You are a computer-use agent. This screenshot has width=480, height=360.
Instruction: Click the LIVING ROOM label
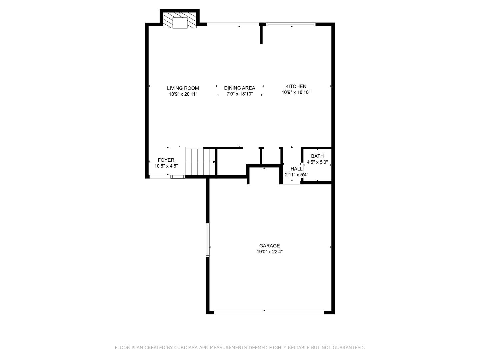pos(183,88)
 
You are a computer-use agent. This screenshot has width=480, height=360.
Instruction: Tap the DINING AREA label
pos(239,88)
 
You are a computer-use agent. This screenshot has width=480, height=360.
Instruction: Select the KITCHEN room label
pos(296,86)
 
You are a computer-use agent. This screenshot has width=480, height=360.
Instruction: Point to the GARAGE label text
pos(269,246)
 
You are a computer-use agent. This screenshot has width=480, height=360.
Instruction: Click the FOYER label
pos(166,160)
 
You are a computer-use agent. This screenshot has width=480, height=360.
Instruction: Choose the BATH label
pos(317,156)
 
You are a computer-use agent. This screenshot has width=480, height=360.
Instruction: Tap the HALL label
pos(296,169)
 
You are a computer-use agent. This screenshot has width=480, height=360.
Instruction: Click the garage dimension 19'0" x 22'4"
pos(269,252)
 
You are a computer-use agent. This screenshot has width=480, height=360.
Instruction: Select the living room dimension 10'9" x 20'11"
pos(183,94)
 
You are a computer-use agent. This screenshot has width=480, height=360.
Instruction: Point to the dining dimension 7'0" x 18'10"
pos(239,94)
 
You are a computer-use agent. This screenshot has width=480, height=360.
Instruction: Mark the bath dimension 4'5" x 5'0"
pos(317,162)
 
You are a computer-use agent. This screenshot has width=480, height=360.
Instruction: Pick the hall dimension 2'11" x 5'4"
pos(296,175)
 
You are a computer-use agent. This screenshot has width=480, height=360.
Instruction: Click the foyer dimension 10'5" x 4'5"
pos(166,166)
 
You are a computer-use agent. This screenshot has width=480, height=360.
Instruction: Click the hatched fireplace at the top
pos(180,20)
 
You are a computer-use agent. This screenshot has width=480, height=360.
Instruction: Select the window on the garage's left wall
pos(208,240)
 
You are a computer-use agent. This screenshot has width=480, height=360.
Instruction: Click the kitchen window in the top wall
pos(291,24)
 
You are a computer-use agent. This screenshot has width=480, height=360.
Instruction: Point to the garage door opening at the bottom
pos(268,312)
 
